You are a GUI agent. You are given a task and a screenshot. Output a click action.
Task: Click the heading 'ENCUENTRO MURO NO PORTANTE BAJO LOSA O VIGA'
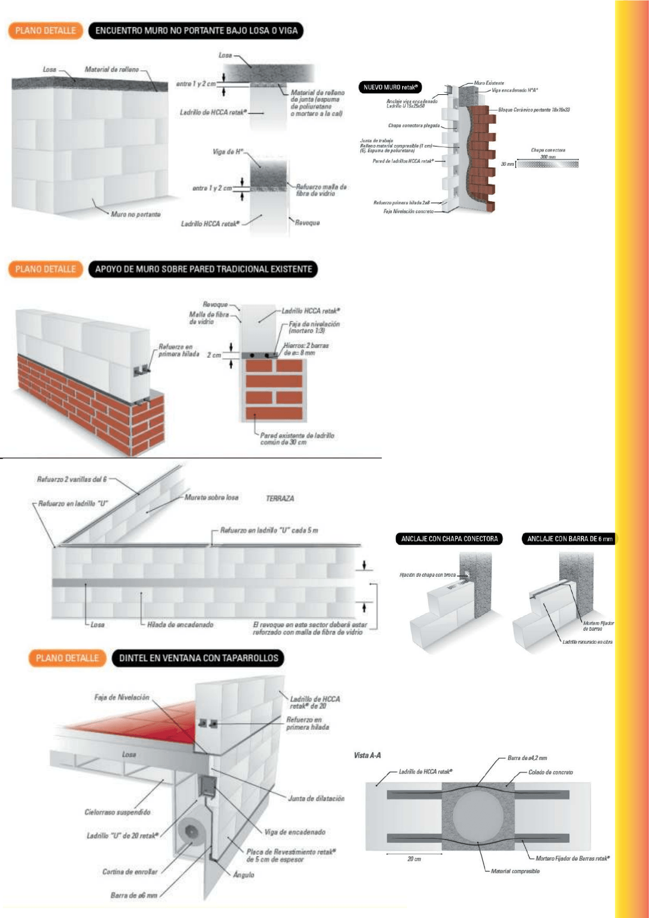(x=196, y=31)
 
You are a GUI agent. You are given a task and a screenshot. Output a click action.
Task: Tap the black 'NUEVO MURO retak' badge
(x=390, y=87)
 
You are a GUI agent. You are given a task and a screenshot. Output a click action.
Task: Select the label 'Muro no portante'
(x=136, y=214)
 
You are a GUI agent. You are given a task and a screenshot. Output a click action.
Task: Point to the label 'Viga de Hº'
(x=228, y=152)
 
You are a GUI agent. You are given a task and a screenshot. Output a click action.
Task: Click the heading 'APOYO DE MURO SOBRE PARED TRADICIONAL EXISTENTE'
(x=203, y=269)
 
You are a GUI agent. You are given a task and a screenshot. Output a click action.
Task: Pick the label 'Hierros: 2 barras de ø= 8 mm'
(x=306, y=349)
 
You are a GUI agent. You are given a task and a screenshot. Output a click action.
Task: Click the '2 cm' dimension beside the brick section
(x=214, y=355)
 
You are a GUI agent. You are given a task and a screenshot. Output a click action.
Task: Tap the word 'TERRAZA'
(x=280, y=498)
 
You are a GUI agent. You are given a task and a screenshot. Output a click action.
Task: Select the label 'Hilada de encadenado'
(x=180, y=625)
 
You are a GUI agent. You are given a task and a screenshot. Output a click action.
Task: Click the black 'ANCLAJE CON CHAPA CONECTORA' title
(x=449, y=539)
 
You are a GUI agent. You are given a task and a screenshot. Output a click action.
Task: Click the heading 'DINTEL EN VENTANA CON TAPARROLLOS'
(x=198, y=658)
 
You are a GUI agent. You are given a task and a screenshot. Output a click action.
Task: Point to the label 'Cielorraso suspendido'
(x=117, y=812)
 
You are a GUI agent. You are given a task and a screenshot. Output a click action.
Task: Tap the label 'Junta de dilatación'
(x=316, y=799)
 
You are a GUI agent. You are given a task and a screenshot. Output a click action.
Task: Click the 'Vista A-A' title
(x=367, y=756)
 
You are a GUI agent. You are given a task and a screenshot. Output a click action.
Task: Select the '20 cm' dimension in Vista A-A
(x=414, y=859)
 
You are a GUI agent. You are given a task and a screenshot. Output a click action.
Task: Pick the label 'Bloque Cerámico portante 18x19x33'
(x=534, y=110)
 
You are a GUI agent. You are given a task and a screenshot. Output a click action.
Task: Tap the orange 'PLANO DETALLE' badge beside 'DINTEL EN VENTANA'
(x=67, y=658)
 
